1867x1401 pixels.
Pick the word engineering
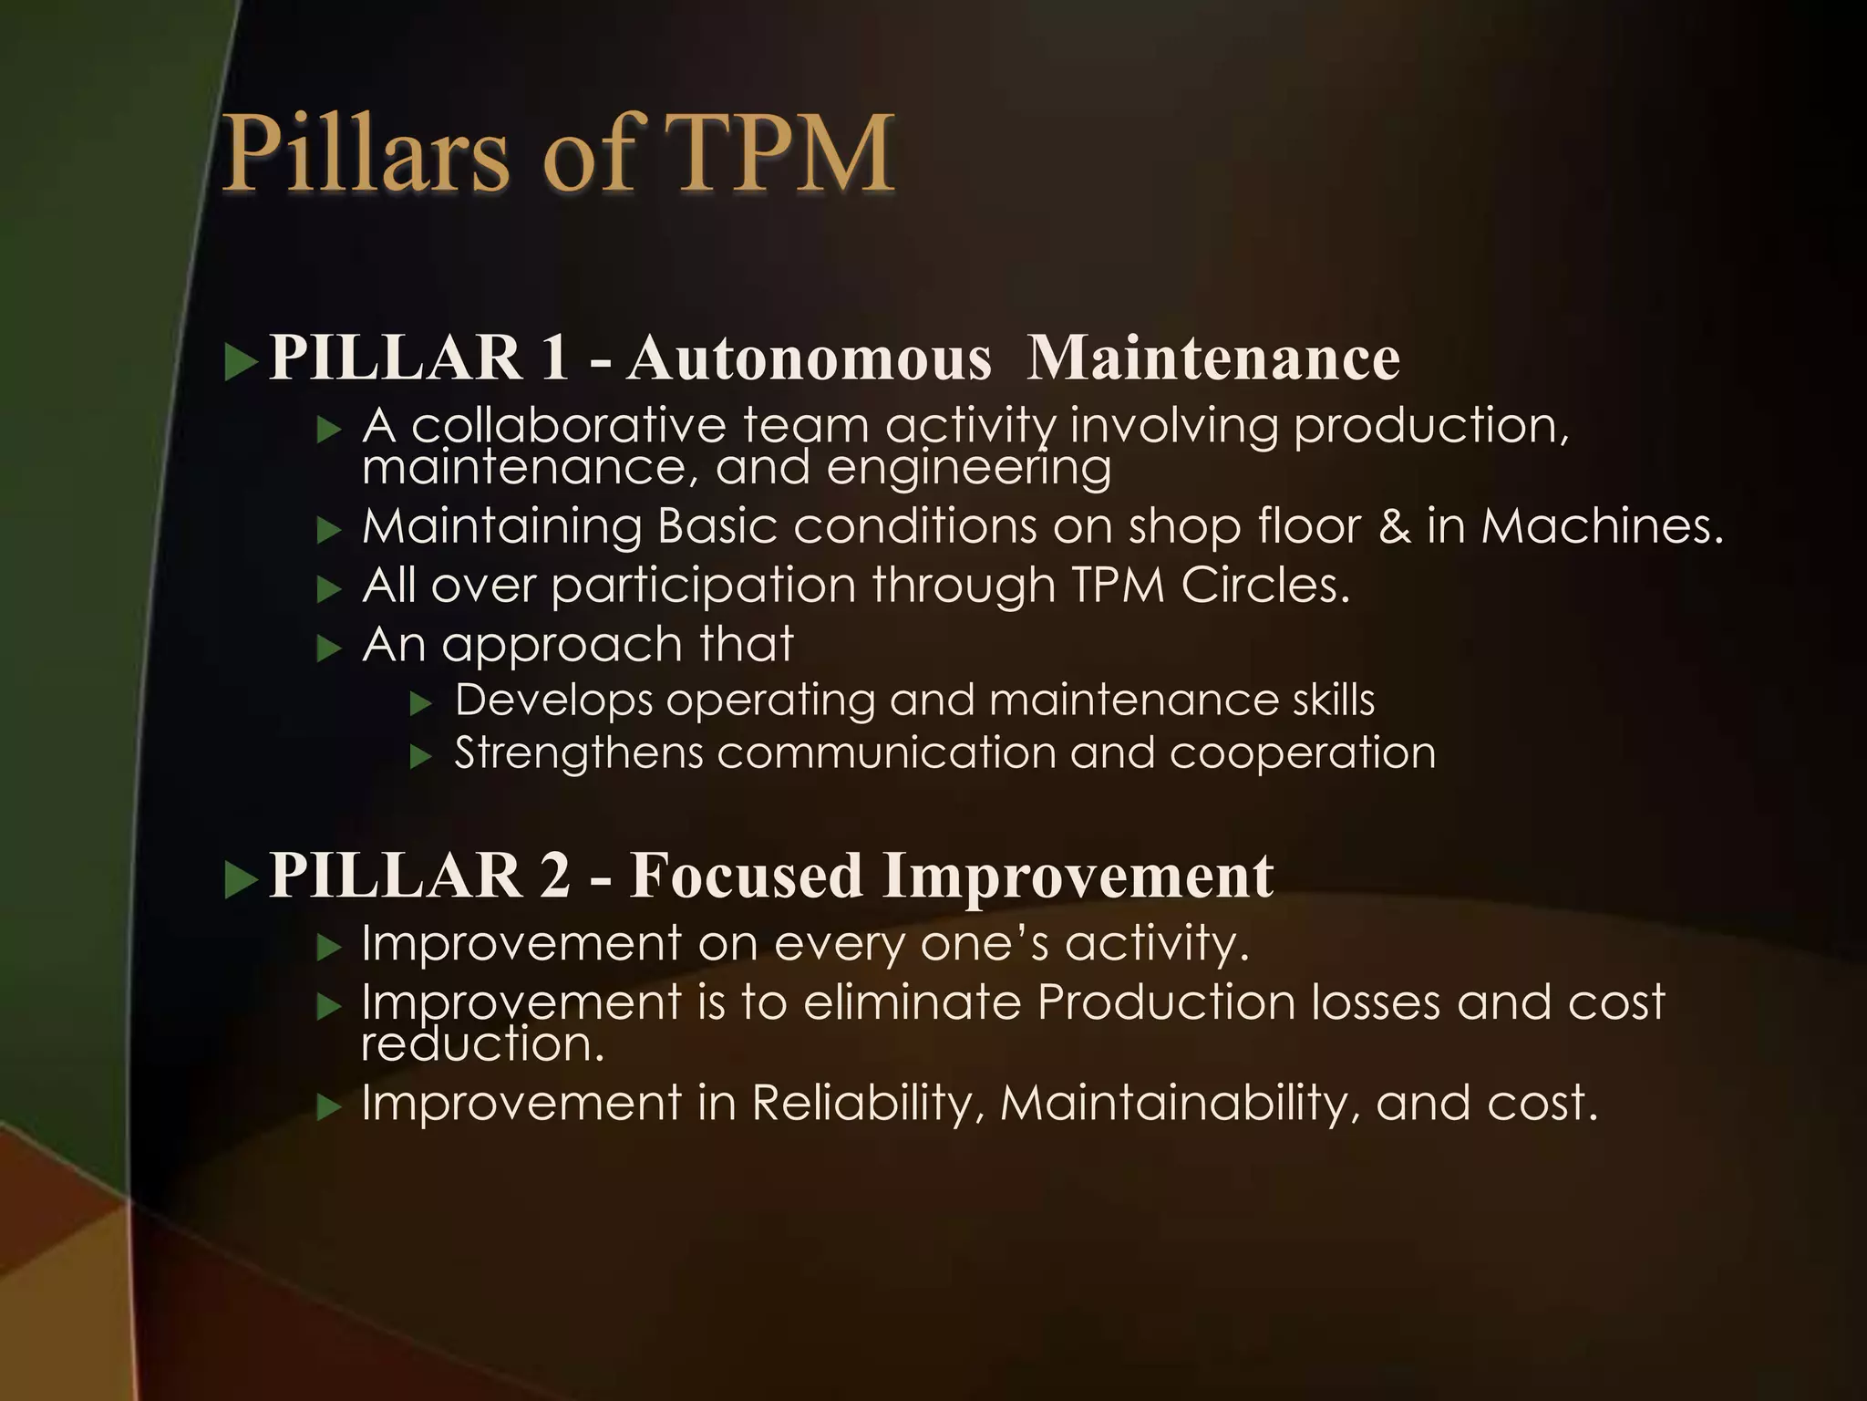coord(968,467)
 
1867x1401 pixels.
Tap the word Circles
coord(1265,585)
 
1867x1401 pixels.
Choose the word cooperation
coord(1303,753)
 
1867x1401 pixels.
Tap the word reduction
coord(483,1043)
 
